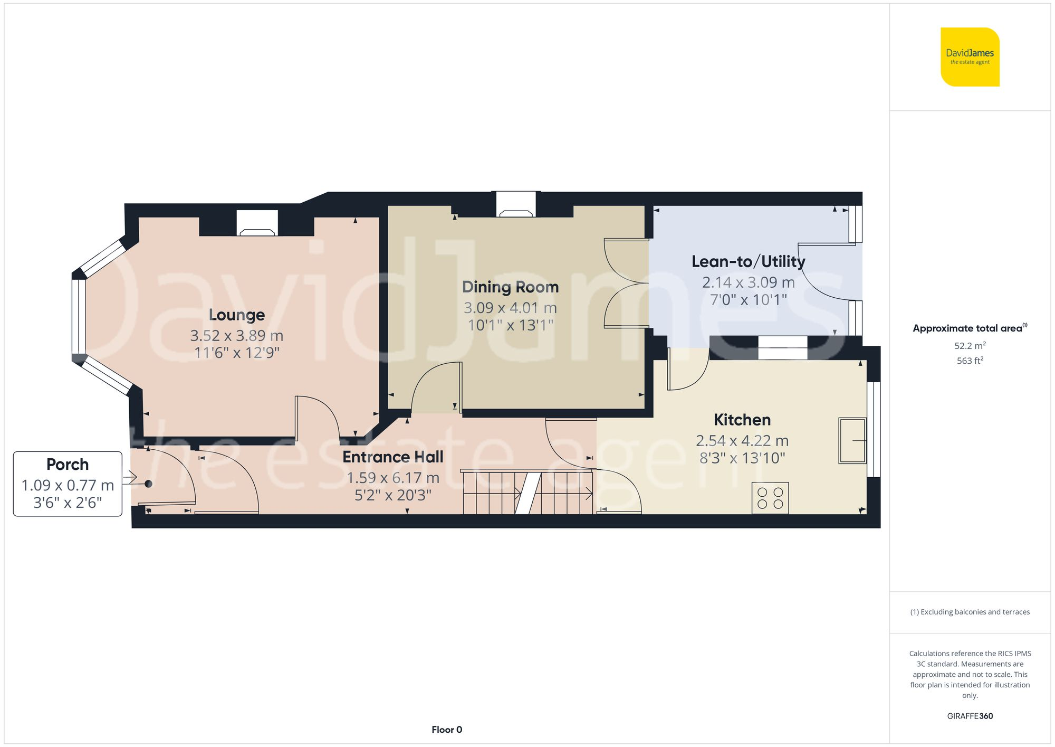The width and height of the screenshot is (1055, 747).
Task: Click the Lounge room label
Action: click(237, 315)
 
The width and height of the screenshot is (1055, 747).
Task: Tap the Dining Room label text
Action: click(510, 287)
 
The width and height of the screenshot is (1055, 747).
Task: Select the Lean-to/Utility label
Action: click(748, 261)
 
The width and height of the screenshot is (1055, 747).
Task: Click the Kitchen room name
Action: click(742, 420)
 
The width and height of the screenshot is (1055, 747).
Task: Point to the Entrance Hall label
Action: click(393, 457)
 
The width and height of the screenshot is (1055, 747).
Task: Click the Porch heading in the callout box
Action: click(68, 464)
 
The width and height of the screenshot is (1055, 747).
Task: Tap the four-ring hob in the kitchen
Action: click(770, 498)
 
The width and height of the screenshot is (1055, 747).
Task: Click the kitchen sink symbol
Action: click(852, 441)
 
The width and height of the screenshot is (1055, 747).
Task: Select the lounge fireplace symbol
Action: click(257, 224)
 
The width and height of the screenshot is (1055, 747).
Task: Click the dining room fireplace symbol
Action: click(516, 206)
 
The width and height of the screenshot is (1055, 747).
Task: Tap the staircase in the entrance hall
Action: click(527, 493)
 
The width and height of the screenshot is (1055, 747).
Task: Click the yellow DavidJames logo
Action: click(970, 57)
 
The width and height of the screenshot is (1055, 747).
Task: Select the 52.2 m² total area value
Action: click(970, 346)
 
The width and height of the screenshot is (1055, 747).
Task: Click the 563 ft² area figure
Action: click(970, 361)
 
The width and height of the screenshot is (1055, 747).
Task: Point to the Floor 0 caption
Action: click(446, 730)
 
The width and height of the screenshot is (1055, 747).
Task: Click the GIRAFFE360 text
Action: click(970, 716)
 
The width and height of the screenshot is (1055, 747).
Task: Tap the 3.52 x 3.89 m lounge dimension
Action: click(237, 335)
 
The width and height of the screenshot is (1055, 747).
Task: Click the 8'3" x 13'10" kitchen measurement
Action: click(742, 458)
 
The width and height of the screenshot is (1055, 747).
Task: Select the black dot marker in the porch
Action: click(149, 484)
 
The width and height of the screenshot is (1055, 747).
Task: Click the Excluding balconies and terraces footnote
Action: click(970, 612)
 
